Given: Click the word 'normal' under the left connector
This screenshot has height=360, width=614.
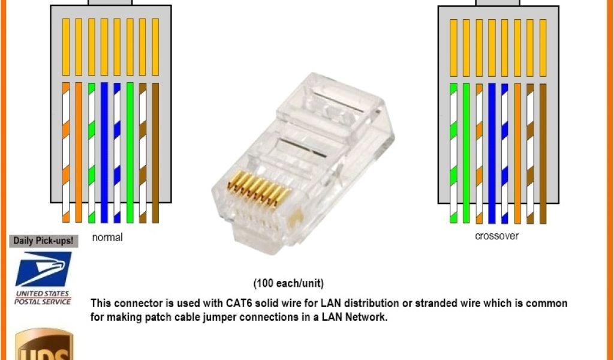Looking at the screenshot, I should (x=107, y=238).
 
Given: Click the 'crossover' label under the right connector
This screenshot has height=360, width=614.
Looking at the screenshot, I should (x=496, y=236).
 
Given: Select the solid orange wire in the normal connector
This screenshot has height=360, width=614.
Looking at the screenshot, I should (x=79, y=150).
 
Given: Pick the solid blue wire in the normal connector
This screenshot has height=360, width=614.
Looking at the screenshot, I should (x=104, y=150).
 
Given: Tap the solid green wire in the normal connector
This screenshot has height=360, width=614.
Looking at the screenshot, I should (x=130, y=150).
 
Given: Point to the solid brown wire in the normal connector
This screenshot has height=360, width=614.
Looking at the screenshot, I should (x=156, y=150).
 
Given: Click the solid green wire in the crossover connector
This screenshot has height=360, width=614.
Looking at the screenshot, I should (x=466, y=150).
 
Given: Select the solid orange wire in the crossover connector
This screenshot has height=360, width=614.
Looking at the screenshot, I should (x=517, y=150).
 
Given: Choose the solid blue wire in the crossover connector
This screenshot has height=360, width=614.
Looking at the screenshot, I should (x=492, y=150).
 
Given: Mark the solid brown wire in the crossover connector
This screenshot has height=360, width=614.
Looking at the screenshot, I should (x=543, y=150).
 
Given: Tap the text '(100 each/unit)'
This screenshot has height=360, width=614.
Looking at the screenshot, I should (x=288, y=283).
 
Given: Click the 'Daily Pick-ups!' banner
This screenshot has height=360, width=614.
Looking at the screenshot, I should (x=43, y=241).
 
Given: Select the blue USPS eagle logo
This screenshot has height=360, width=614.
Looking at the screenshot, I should (x=43, y=269).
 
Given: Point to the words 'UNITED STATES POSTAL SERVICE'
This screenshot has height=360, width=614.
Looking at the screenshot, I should (x=43, y=297).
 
